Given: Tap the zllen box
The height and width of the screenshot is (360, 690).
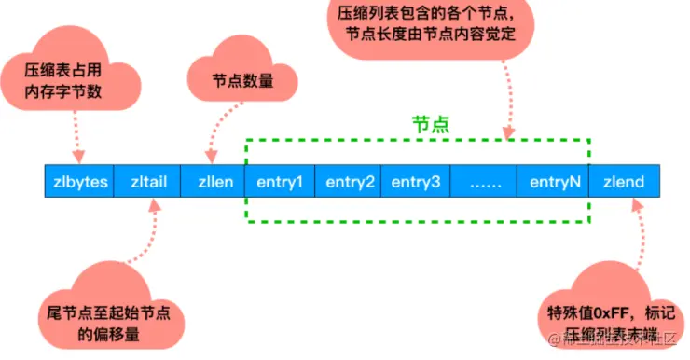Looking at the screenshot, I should coord(214,181).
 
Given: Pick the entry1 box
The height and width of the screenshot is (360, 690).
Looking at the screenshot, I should coord(281,181).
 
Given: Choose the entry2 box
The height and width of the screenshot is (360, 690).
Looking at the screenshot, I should coord(350,181).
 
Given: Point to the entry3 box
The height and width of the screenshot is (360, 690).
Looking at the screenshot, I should coord(416,181).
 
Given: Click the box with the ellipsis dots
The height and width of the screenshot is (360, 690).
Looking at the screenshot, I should coord(484,181).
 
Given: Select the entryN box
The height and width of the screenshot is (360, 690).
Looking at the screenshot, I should coord(555,181).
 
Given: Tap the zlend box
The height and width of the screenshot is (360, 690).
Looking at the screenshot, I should coord(625,181).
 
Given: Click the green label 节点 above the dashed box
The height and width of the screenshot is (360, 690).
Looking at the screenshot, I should coord(431,124).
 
